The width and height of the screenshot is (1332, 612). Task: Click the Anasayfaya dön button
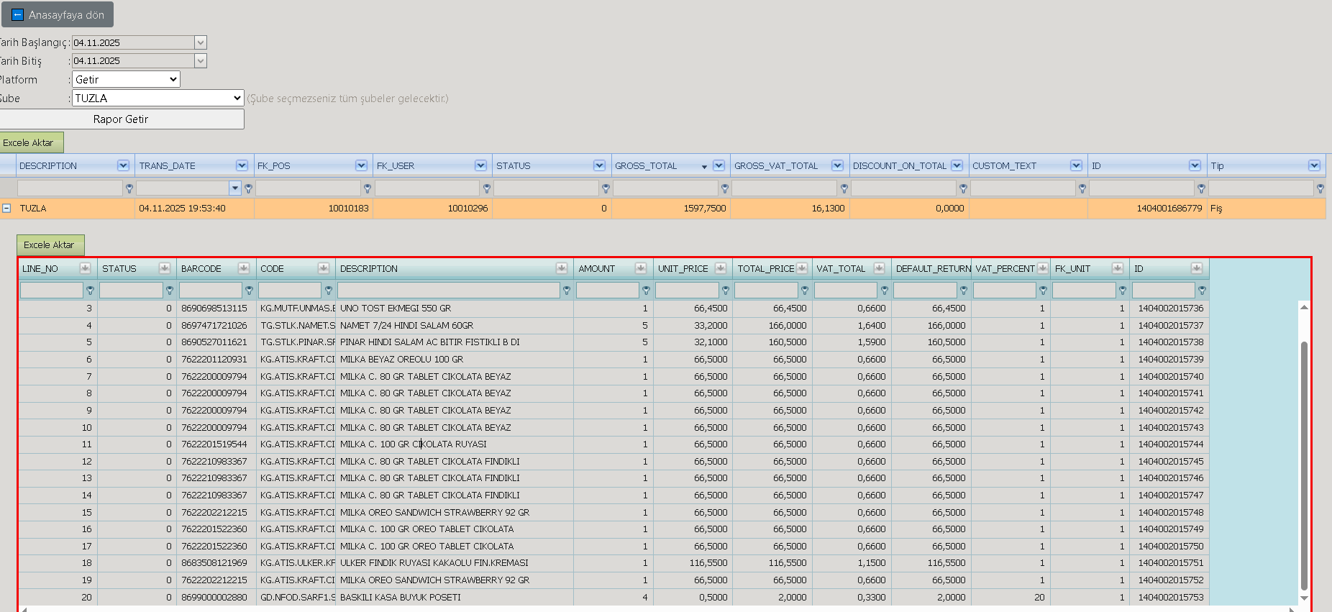[58, 14]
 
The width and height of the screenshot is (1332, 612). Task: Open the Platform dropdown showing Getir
[126, 79]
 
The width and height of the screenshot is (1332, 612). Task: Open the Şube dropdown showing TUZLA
[158, 98]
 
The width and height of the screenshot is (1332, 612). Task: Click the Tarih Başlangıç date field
[133, 42]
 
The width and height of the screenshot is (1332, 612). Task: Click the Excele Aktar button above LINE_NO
[49, 245]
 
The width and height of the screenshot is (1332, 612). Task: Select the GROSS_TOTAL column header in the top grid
[646, 165]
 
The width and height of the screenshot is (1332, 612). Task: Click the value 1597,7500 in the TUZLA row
[705, 209]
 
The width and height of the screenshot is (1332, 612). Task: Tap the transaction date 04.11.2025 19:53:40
[182, 209]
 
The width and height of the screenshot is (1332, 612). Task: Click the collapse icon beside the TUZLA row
[6, 208]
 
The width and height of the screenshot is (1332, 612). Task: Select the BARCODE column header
[201, 268]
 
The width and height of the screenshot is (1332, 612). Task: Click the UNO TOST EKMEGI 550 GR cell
[396, 309]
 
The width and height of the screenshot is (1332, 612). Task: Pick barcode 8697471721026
[214, 326]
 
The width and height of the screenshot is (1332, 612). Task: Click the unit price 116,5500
[708, 563]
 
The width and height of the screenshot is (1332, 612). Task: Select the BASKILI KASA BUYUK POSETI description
[401, 598]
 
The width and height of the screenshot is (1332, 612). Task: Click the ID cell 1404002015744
[1170, 444]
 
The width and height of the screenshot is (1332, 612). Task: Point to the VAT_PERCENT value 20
[1039, 598]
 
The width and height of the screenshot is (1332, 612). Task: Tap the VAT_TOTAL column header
[841, 268]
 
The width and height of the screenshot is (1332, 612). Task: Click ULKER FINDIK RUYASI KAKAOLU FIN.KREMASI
[434, 563]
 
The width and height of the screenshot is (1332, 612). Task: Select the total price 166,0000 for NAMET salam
[788, 326]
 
